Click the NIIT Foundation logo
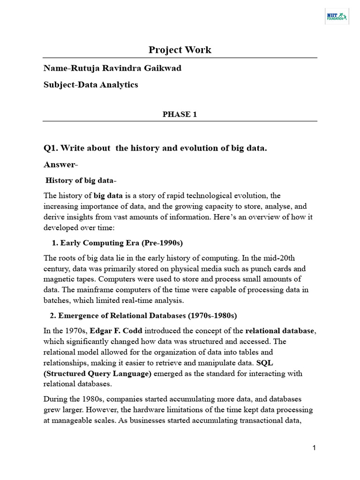[336, 17]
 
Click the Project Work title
[180, 50]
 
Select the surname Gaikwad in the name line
[164, 68]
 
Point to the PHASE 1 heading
[180, 114]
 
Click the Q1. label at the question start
[51, 149]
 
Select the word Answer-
[61, 165]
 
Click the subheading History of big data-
[81, 180]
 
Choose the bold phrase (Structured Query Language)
[97, 374]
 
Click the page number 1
[314, 449]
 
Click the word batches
[56, 300]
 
